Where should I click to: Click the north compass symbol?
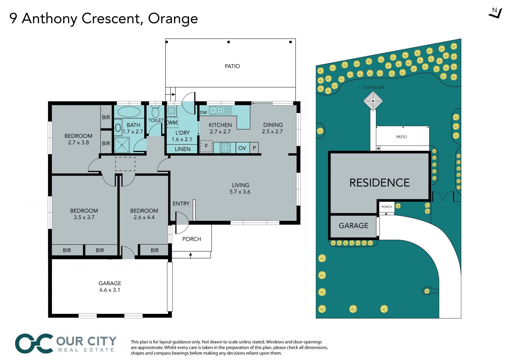click(495, 13)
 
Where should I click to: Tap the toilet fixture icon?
click(155, 111)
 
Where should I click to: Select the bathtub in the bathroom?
click(129, 112)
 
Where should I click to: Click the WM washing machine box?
click(173, 123)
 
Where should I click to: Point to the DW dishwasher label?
click(203, 112)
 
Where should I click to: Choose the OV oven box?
click(242, 148)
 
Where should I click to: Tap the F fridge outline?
click(206, 146)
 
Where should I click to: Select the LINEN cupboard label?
click(182, 149)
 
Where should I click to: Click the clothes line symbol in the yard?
click(373, 101)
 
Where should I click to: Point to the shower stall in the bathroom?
click(122, 145)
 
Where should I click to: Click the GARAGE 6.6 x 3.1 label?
click(110, 287)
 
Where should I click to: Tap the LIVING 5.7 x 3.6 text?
click(240, 188)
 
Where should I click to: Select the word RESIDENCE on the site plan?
click(379, 183)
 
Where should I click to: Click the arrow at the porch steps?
click(191, 255)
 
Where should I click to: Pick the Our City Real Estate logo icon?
click(34, 344)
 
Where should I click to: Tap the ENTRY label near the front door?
click(181, 203)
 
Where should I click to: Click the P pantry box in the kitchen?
click(254, 148)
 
